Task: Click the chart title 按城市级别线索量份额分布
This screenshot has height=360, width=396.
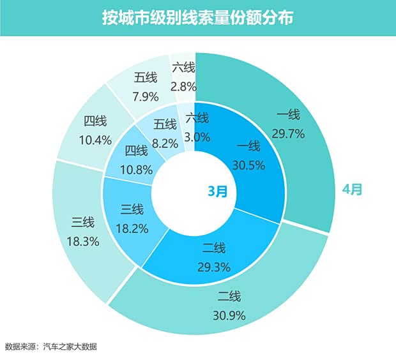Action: [x=197, y=17]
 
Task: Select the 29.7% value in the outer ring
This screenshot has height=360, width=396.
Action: [x=288, y=133]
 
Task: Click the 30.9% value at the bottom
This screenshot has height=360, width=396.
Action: [x=229, y=315]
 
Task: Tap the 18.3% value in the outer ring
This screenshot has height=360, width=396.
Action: [x=82, y=242]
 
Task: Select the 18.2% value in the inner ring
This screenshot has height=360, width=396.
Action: [x=133, y=227]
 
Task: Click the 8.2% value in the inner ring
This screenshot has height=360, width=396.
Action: [x=165, y=144]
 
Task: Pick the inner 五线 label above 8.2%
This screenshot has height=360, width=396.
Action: [x=165, y=124]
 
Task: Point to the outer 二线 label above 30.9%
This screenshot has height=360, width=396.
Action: [x=229, y=296]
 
